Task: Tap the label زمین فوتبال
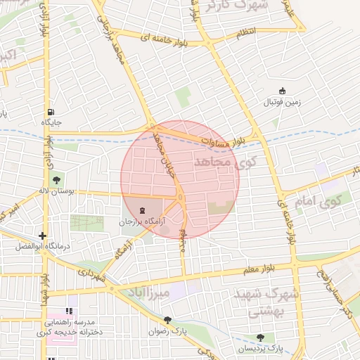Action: (x=282, y=102)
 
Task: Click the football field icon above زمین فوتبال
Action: (x=283, y=91)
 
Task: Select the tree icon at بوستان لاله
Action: (x=56, y=180)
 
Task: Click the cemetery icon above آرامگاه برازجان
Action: (x=143, y=210)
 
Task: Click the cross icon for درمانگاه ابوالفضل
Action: (x=43, y=236)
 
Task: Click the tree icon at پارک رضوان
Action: (x=167, y=320)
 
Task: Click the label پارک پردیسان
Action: (x=259, y=349)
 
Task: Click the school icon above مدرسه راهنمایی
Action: (x=69, y=311)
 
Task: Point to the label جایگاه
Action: (x=52, y=122)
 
